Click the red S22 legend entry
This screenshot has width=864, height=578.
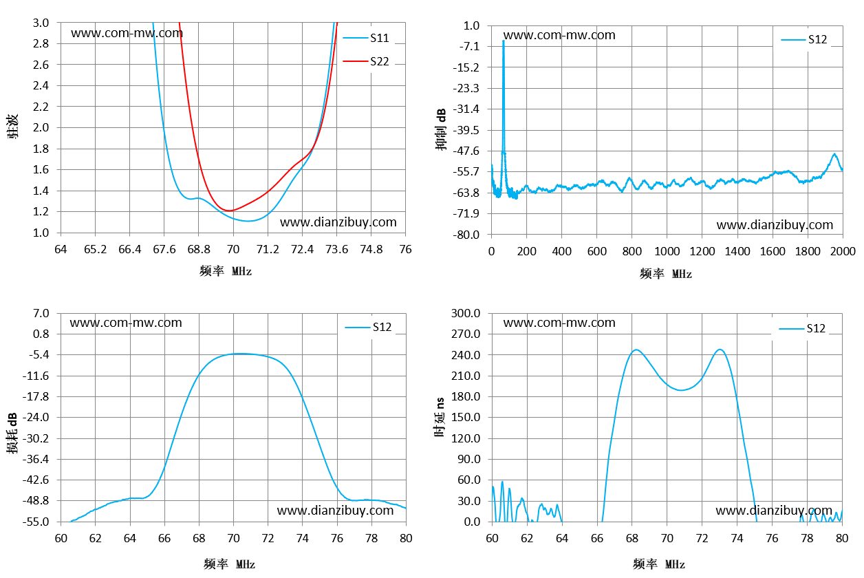pos(366,61)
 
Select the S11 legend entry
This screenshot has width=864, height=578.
pos(366,38)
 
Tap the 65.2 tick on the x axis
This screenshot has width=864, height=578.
pos(95,250)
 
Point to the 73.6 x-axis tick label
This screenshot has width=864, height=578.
pos(337,250)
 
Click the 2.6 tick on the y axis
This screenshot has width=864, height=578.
pos(41,65)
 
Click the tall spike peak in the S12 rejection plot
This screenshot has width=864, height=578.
pos(504,41)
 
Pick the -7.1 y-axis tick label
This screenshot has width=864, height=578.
pos(469,47)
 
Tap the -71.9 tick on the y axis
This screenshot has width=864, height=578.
pos(466,213)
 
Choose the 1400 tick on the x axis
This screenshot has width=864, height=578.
pos(737,252)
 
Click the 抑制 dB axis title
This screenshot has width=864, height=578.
pos(441,129)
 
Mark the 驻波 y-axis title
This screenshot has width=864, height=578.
pos(12,126)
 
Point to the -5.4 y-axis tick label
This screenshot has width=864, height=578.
pos(39,354)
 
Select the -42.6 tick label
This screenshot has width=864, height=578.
pos(36,480)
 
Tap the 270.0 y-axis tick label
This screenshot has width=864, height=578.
pos(466,334)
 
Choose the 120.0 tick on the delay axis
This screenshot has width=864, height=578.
pos(466,438)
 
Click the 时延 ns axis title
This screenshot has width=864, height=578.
pos(440,417)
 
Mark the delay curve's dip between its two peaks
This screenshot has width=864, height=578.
pos(681,390)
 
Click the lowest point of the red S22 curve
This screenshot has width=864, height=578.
pos(230,211)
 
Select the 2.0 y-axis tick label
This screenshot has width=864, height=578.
pos(41,127)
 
